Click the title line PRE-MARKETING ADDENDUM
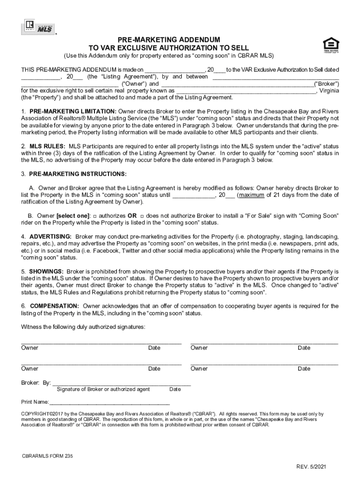point(169,40)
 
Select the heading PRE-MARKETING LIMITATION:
point(73,112)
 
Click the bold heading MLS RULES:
point(48,146)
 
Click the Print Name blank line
point(109,402)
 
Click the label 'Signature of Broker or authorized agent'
point(103,389)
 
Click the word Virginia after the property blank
point(329,91)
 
